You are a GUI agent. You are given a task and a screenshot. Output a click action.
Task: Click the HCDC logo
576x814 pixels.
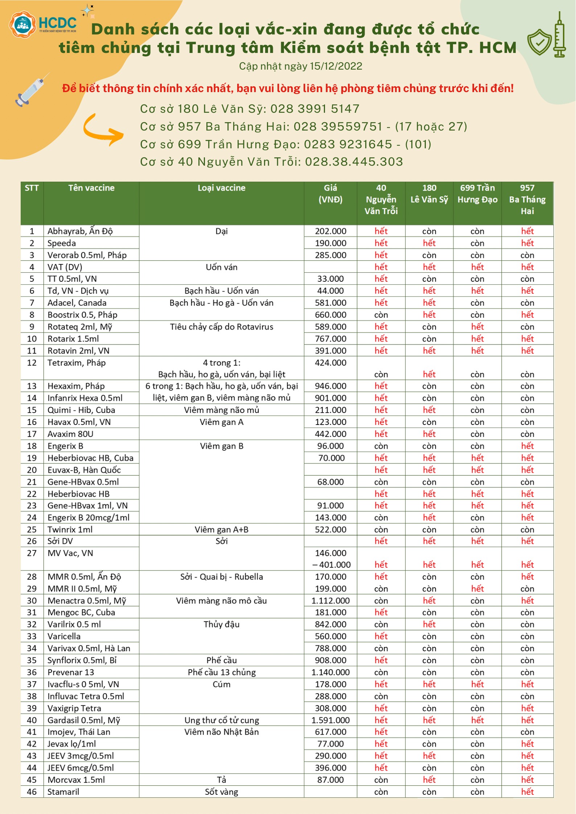point(43,24)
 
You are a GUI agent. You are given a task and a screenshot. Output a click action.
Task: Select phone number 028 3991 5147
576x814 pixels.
point(314,109)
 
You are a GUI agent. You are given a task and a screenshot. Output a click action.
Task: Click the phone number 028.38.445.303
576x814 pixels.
point(354,162)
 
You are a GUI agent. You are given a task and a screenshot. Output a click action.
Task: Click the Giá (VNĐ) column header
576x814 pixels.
point(330,194)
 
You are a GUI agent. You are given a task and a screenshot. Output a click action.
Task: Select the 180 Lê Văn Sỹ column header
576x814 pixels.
point(429,194)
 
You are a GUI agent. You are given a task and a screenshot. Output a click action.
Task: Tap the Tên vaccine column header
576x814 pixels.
point(91,188)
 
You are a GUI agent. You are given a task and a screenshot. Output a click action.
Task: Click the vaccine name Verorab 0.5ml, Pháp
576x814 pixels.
point(87,255)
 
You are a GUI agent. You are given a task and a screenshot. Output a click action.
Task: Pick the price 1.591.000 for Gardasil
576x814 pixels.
point(330,720)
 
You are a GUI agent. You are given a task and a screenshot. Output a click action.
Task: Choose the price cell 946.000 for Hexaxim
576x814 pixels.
point(330,386)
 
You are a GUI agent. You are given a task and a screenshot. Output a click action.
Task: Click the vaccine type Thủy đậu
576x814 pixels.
point(221,624)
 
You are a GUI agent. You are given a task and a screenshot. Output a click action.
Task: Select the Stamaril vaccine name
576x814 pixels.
point(63,792)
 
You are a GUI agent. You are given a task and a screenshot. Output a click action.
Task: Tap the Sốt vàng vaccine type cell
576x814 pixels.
point(221,792)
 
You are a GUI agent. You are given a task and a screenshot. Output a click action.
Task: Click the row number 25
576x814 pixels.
point(32,529)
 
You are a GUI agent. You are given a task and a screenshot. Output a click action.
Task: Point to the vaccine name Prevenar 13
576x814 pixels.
point(71,672)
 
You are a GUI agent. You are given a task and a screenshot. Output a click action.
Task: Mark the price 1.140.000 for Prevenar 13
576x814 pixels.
point(330,672)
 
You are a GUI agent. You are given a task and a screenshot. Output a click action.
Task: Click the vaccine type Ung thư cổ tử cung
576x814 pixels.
point(221,720)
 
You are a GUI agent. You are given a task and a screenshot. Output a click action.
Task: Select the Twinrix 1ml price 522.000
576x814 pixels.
point(330,529)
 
